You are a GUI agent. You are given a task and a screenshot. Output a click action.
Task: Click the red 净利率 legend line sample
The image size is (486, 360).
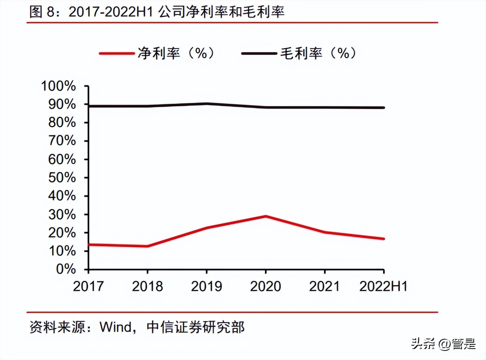117,53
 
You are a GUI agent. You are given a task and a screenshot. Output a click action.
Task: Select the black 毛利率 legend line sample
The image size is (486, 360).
259,53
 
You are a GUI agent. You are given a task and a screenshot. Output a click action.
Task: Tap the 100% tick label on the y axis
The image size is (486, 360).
59,86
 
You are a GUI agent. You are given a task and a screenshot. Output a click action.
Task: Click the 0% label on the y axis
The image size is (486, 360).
67,269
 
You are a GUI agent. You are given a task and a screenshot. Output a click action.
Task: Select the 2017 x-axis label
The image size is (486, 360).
88,286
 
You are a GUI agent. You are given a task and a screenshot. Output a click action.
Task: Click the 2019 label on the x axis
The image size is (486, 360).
206,286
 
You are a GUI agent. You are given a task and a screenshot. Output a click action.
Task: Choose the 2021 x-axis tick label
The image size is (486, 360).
324,286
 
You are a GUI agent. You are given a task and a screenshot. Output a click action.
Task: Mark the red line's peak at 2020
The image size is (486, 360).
266,216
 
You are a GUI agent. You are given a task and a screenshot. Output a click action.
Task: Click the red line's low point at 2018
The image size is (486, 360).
147,246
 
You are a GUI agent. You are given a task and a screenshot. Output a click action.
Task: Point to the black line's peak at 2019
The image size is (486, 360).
206,104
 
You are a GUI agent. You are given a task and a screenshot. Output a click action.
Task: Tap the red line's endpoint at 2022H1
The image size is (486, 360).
383,239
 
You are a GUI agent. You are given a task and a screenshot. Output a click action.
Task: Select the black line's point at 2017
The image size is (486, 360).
89,106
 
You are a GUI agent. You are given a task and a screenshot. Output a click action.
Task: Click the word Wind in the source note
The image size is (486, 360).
114,327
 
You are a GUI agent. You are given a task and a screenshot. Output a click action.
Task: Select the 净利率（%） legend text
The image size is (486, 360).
176,53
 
